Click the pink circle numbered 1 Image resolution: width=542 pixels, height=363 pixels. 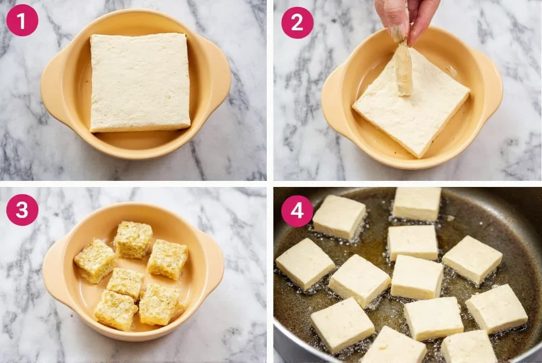point(22,21)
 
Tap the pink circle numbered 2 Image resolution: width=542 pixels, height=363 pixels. point(297,22)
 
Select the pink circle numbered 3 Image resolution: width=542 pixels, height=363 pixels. point(22,210)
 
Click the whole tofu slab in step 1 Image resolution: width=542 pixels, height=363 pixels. point(140,83)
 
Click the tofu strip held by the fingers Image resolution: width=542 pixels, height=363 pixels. point(403,69)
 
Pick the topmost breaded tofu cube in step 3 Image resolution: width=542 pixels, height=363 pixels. point(133,240)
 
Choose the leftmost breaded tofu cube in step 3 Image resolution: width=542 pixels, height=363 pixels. point(95,261)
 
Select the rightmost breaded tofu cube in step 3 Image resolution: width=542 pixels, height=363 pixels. point(168,260)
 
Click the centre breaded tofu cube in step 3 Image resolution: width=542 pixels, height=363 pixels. point(125,283)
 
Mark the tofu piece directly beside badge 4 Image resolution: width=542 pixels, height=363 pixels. point(339,217)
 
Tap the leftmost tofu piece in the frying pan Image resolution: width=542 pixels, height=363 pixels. point(305,264)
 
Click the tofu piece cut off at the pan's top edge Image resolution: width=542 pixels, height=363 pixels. point(417,203)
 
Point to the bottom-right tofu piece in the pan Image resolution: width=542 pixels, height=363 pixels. point(469,347)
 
